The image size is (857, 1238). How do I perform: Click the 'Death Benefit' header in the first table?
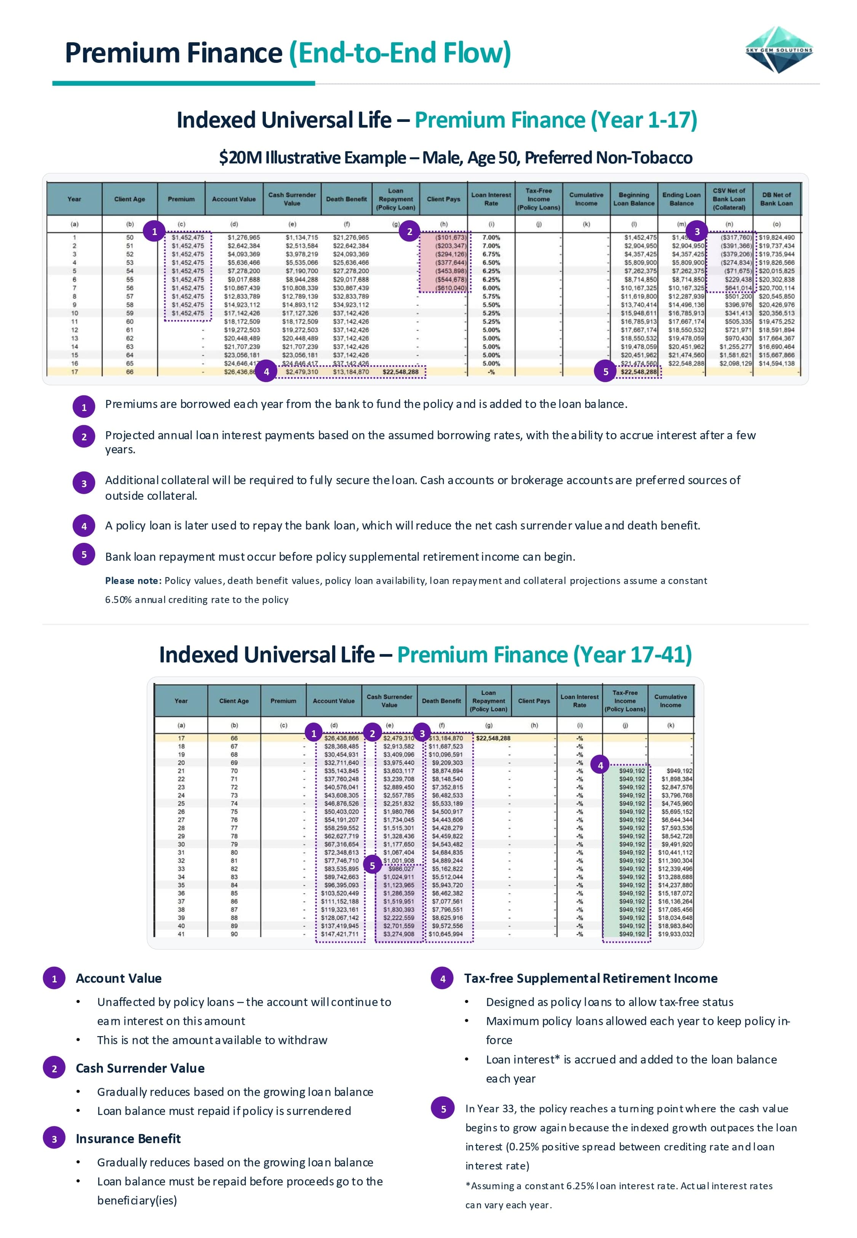(x=346, y=199)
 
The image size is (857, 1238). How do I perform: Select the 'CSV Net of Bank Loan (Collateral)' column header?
(x=729, y=199)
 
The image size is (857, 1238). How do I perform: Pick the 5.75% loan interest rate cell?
(x=491, y=296)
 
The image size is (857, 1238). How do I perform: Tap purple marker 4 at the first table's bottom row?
(x=266, y=371)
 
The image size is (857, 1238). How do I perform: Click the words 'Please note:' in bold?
(x=133, y=581)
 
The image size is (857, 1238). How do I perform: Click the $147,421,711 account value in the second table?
(x=339, y=934)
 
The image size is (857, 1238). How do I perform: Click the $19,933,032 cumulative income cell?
(x=675, y=934)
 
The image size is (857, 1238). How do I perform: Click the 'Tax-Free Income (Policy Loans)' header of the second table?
(x=625, y=701)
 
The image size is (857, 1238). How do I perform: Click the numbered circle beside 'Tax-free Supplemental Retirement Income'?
(x=443, y=978)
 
